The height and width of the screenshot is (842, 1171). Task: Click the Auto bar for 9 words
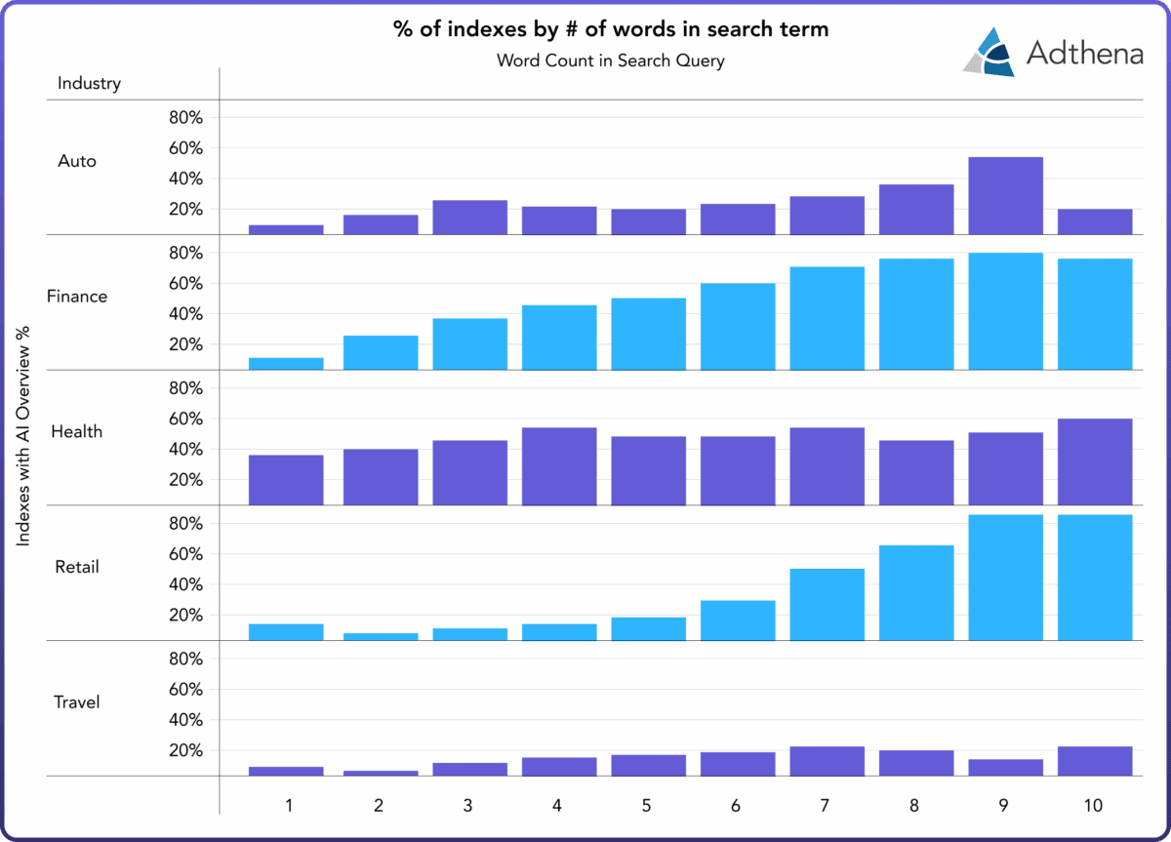click(x=1005, y=195)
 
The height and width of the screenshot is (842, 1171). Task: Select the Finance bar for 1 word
click(x=286, y=363)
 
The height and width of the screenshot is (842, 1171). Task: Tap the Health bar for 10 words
click(x=1095, y=461)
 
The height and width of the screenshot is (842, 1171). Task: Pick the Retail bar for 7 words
click(x=827, y=604)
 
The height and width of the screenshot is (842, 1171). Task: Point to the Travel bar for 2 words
click(x=381, y=773)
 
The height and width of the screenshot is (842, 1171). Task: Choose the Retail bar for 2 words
click(x=381, y=636)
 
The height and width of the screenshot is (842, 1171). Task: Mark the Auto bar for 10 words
click(x=1095, y=221)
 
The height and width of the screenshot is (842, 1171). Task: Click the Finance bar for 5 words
click(x=649, y=334)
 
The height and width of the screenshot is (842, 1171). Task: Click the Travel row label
click(x=77, y=702)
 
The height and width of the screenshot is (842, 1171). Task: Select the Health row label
click(x=77, y=431)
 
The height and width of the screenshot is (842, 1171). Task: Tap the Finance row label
click(x=77, y=296)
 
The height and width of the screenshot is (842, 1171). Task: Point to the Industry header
click(x=89, y=83)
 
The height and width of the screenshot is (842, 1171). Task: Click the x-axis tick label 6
click(x=735, y=806)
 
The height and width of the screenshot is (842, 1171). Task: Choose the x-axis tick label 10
click(x=1093, y=806)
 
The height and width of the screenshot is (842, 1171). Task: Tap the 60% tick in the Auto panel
click(x=185, y=148)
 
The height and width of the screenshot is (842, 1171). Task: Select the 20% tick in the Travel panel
click(x=185, y=750)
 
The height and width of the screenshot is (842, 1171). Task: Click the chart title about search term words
click(x=611, y=29)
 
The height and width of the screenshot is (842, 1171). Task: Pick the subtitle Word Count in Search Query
click(x=611, y=60)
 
